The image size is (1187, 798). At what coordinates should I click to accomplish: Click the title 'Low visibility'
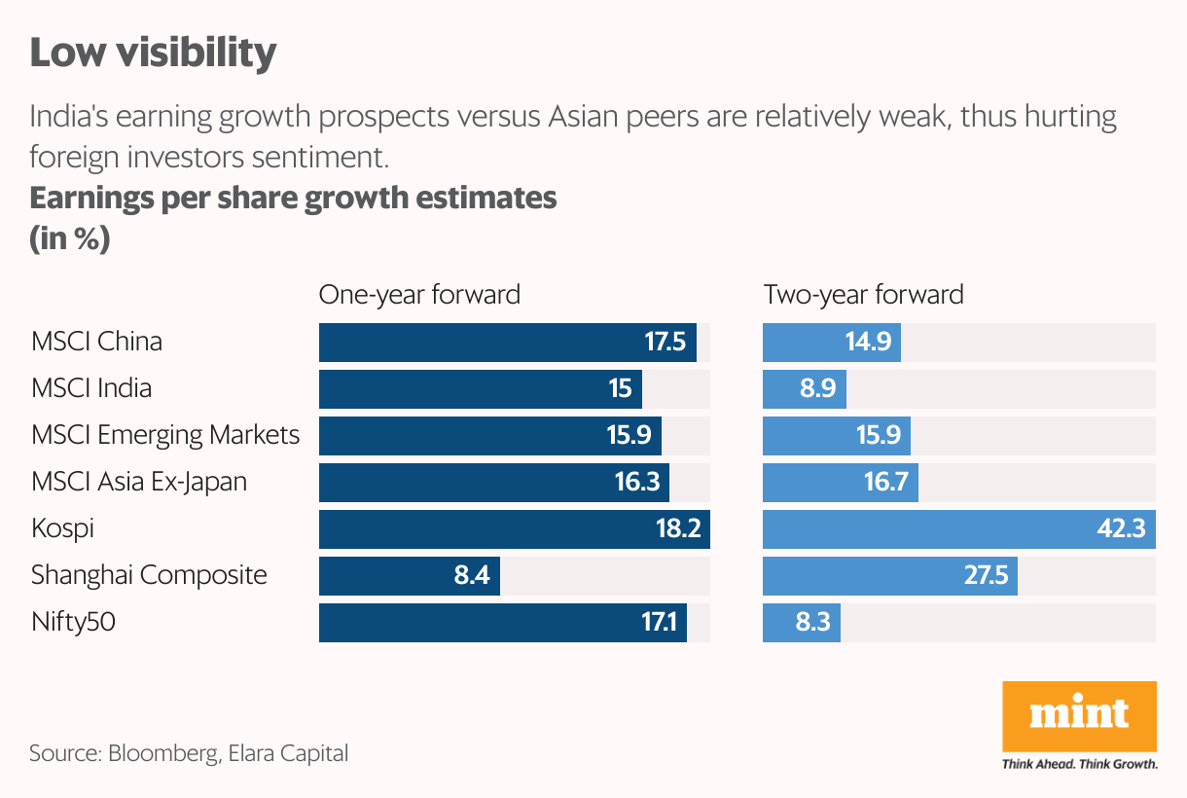click(153, 53)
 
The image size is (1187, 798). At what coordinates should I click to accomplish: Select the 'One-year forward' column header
click(419, 294)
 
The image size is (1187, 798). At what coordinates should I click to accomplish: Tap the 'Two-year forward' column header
click(863, 294)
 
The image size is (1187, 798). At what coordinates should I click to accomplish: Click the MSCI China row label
click(96, 342)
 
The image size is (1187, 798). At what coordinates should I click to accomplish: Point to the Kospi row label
click(62, 528)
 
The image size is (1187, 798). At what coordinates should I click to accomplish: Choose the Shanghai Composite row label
click(149, 575)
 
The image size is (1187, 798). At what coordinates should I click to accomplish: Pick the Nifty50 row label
click(73, 622)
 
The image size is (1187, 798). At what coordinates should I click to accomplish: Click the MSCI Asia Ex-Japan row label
click(139, 482)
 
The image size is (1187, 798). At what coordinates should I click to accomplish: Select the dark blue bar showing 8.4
click(409, 576)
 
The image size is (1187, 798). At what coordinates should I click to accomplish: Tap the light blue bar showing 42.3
click(958, 529)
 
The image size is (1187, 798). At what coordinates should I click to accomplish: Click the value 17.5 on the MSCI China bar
click(665, 343)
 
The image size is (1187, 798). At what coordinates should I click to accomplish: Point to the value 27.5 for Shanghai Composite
click(985, 576)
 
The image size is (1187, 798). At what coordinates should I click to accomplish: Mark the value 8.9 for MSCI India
click(816, 389)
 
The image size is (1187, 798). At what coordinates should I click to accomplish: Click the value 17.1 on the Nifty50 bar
click(659, 623)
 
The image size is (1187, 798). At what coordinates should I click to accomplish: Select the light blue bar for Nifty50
click(801, 623)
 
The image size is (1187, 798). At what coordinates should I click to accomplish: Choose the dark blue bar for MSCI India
click(481, 389)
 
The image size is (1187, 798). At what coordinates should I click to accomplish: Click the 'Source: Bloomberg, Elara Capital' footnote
click(188, 753)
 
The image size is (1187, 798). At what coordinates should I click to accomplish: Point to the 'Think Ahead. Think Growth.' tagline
click(1079, 764)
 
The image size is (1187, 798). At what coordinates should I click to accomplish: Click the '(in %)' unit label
click(69, 239)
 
